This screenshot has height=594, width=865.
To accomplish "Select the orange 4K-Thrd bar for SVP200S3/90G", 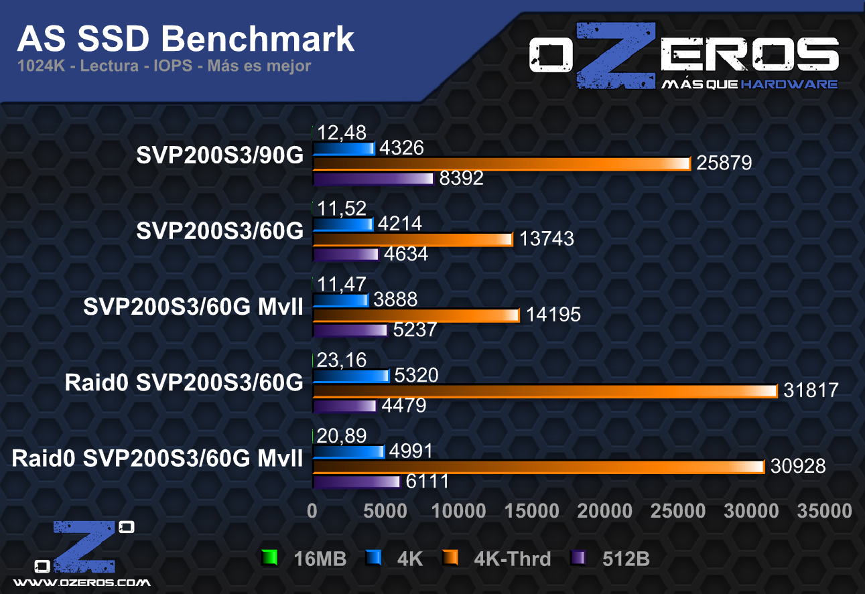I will coord(501,163).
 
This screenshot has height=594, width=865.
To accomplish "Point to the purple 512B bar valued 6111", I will coord(356,481).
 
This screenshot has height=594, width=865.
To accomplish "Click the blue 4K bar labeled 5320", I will coord(350,376).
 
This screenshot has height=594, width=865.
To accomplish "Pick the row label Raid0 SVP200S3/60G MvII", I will coord(157,459).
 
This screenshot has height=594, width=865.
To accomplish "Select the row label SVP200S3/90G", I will coord(220,155).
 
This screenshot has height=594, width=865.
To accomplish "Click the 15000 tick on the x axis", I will coord(532,511).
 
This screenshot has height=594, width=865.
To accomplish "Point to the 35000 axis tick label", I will coord(825,511).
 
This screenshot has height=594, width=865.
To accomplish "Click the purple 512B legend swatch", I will coord(576,558).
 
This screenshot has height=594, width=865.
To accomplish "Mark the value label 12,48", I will coord(342,133).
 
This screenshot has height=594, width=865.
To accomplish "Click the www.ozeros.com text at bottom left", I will coord(82,582).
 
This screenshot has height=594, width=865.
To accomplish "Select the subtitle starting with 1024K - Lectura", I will coord(164,66).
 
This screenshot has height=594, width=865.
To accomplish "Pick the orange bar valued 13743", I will coord(412,239).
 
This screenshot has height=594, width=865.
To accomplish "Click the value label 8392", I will coord(462,179).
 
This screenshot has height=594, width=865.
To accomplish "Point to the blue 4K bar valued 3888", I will coord(340,300).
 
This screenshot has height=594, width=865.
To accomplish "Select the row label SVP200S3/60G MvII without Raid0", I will coord(194,307).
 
